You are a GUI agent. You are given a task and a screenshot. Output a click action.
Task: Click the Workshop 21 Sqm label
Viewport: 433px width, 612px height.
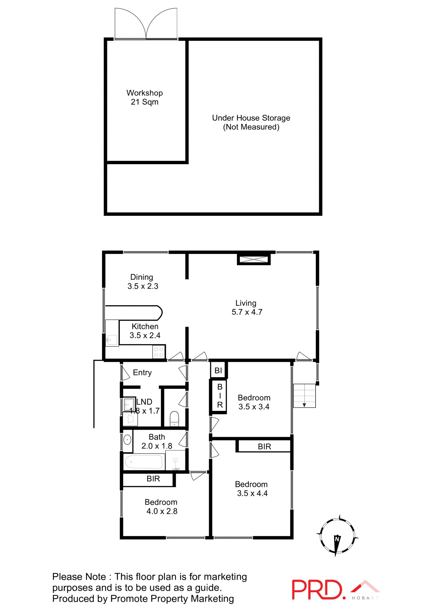[x=145, y=97]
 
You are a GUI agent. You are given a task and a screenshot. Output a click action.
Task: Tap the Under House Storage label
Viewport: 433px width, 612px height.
[x=251, y=122]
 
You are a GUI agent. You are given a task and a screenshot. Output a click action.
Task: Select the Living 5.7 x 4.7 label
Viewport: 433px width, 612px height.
[x=247, y=308]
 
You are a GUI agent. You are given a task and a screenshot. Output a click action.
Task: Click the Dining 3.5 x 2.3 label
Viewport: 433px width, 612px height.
[x=143, y=281]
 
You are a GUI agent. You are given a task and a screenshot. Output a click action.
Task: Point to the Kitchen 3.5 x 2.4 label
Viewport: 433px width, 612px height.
[x=145, y=331]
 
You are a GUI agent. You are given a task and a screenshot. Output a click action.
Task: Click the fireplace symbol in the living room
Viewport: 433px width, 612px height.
[x=254, y=259]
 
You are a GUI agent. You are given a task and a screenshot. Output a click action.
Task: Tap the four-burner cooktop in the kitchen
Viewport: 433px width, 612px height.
[x=159, y=352]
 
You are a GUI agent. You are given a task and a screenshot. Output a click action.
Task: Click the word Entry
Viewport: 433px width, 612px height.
[x=142, y=373]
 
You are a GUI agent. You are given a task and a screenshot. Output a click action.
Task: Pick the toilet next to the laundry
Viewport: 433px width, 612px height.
[x=174, y=419]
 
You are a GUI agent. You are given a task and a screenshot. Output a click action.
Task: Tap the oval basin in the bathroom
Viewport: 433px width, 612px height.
[x=127, y=440]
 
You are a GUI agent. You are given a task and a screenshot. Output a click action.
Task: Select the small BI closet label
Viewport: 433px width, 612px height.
[x=218, y=370]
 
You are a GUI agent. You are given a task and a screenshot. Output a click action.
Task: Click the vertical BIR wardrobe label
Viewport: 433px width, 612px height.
[x=220, y=396]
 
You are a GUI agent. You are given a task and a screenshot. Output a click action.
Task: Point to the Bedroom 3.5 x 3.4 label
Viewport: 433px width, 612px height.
[x=254, y=402]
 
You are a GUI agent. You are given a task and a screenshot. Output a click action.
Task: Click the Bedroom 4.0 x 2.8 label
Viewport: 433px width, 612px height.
[x=161, y=506]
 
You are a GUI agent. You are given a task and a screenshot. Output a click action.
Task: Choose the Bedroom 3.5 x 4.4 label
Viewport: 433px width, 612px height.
[x=252, y=489]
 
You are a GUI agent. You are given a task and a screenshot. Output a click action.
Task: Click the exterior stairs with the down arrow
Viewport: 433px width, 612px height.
[x=304, y=396]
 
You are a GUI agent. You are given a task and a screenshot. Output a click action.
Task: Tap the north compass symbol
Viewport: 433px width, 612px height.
[x=337, y=536]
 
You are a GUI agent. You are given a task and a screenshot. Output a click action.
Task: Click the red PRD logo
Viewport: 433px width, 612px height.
[x=317, y=589]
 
